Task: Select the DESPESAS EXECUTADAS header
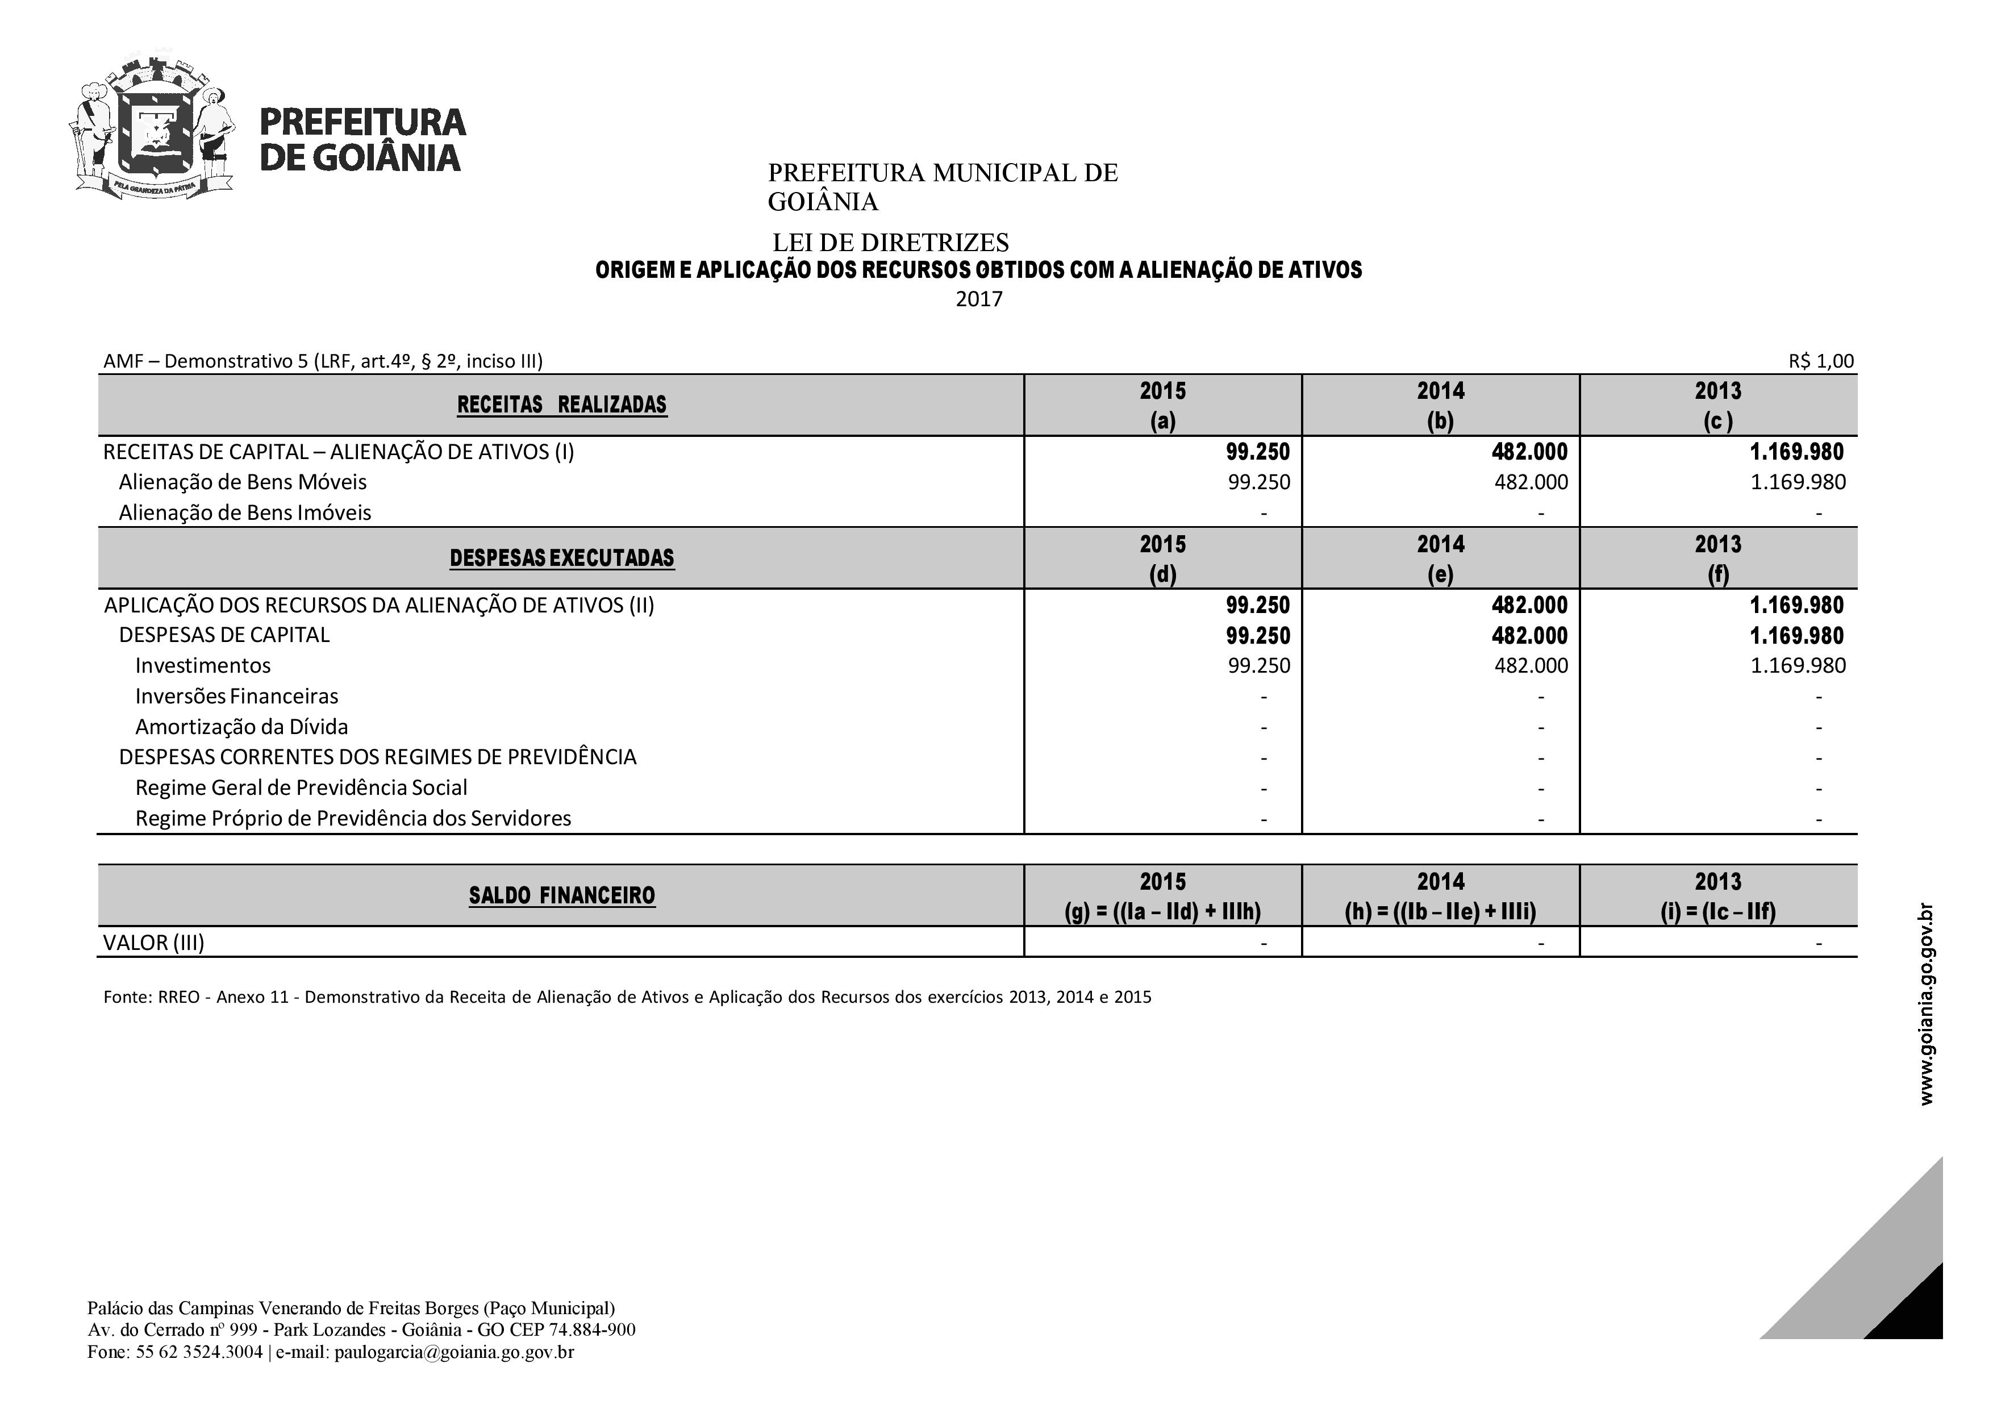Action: click(x=562, y=558)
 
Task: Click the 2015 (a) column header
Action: click(x=1162, y=406)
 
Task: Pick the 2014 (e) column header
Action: click(x=1440, y=558)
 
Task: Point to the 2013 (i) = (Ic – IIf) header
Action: click(x=1718, y=896)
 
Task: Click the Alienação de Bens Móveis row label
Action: click(x=243, y=482)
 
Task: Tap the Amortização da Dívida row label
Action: click(x=241, y=727)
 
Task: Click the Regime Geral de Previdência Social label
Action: click(x=301, y=787)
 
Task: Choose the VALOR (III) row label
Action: click(x=153, y=943)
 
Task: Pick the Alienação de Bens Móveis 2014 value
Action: click(x=1531, y=482)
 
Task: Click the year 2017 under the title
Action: click(x=979, y=299)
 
